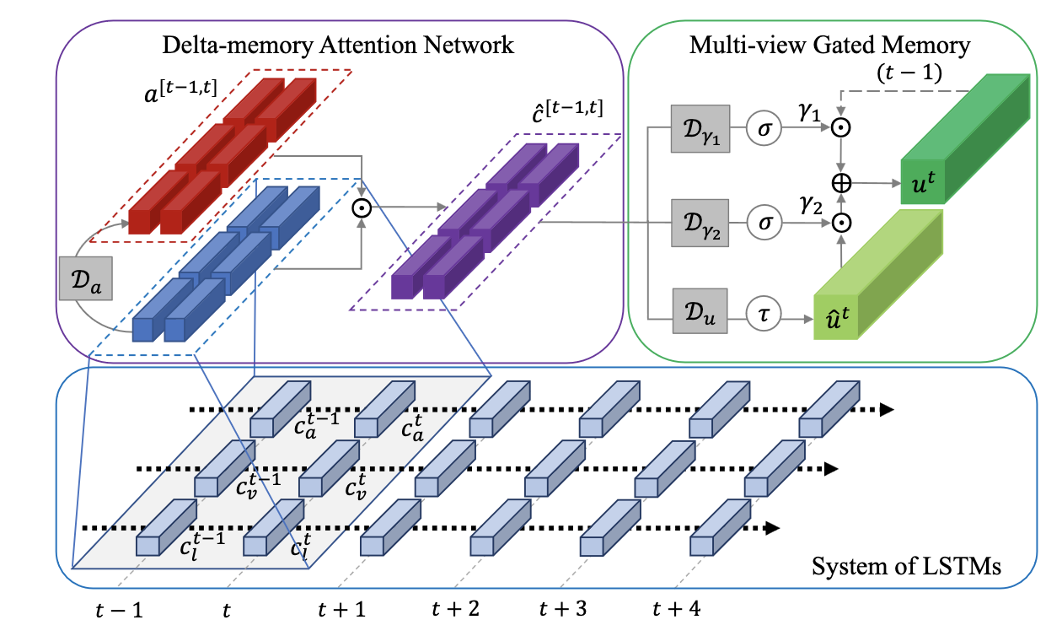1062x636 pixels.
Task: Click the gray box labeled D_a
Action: [x=86, y=278]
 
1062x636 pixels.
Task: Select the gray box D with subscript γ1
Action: [x=700, y=128]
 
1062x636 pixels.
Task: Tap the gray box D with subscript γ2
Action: [x=700, y=223]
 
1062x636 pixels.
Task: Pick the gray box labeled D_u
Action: [x=700, y=311]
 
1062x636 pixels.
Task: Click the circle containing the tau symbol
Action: [x=764, y=314]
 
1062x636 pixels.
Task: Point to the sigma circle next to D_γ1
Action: [x=764, y=128]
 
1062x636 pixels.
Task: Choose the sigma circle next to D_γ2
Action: [x=764, y=223]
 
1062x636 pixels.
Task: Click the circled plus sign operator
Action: [x=841, y=183]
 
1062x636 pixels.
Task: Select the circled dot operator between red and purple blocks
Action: [x=362, y=208]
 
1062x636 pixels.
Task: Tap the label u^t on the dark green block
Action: [x=924, y=183]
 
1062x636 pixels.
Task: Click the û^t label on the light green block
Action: [x=837, y=318]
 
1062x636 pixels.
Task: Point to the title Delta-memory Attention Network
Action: [x=338, y=46]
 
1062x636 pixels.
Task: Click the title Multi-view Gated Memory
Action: [x=829, y=46]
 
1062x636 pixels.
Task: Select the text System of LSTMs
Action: [x=906, y=566]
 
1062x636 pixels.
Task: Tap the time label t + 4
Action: [x=677, y=608]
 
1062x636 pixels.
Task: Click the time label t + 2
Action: [x=456, y=608]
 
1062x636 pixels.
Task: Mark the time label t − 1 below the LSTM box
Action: [x=119, y=610]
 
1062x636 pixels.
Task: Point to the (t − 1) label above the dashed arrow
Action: [x=909, y=73]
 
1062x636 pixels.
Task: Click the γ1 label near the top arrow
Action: [x=809, y=112]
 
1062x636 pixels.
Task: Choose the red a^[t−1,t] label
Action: [x=180, y=91]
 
